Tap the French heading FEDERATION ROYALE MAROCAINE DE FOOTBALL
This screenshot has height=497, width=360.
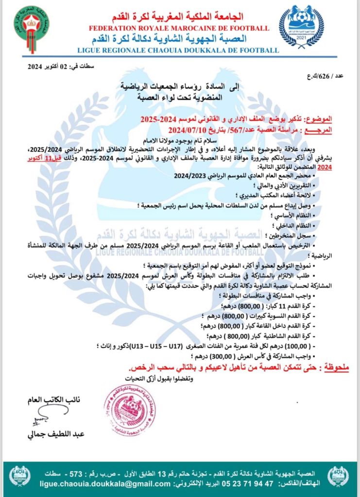pyautogui.click(x=178, y=29)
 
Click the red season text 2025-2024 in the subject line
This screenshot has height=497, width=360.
pyautogui.click(x=159, y=119)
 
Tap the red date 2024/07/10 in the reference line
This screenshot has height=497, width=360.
pyautogui.click(x=187, y=130)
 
